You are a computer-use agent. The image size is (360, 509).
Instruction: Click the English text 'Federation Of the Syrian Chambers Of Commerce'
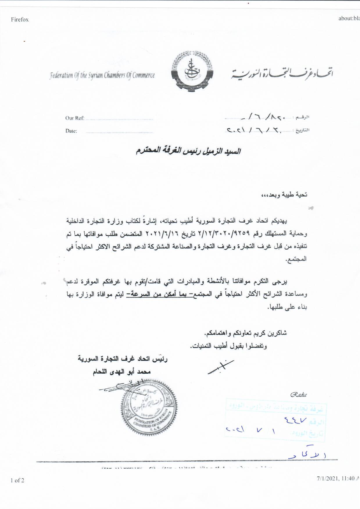[x=102, y=76]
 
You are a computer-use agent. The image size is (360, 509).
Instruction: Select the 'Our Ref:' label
[x=75, y=118]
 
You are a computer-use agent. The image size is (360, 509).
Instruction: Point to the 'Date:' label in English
[x=71, y=131]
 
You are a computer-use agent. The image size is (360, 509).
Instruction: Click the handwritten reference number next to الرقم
[x=263, y=118]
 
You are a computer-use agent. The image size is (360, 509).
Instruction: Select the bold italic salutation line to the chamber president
[x=189, y=151]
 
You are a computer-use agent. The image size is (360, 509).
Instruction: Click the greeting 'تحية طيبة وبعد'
[x=285, y=195]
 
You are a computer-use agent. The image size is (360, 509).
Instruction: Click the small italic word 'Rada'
[x=298, y=395]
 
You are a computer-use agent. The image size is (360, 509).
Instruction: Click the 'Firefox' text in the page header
[x=20, y=20]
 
